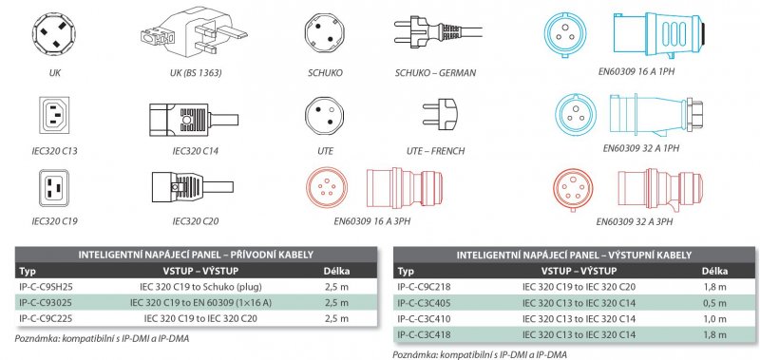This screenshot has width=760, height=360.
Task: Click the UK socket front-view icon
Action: point(53,34)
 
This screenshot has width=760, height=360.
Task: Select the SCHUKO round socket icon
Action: point(325,34)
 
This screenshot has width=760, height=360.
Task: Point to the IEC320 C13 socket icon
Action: point(54,115)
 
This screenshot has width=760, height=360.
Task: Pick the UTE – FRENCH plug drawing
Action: point(440,114)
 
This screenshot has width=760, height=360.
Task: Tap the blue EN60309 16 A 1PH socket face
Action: point(563,34)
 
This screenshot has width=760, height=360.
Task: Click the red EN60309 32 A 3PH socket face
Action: point(573,189)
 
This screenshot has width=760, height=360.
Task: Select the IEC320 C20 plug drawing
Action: point(193,186)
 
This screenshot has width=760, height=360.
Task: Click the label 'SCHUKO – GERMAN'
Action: point(435,73)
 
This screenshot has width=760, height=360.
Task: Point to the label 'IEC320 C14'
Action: point(196,151)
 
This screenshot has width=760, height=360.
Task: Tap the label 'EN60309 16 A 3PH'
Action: point(372,222)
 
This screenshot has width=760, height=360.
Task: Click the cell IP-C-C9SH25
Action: point(45,286)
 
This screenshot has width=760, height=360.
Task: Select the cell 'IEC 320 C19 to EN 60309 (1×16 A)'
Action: point(200,303)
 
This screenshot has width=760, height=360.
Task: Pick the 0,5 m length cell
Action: point(715,303)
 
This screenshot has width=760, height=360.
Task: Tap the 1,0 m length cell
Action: point(715,319)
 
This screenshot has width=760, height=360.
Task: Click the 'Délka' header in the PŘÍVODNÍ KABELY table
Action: point(336,271)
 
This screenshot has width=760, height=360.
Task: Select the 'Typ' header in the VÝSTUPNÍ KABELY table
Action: point(406,272)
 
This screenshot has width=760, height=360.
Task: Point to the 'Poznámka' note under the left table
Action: point(102,339)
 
